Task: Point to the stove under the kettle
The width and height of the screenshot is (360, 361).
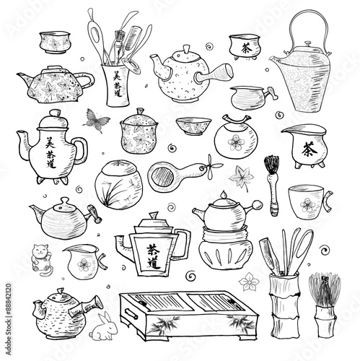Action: point(225,250)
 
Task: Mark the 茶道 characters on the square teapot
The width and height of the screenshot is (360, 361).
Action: point(154,253)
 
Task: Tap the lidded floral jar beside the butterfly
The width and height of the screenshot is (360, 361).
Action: point(140,131)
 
